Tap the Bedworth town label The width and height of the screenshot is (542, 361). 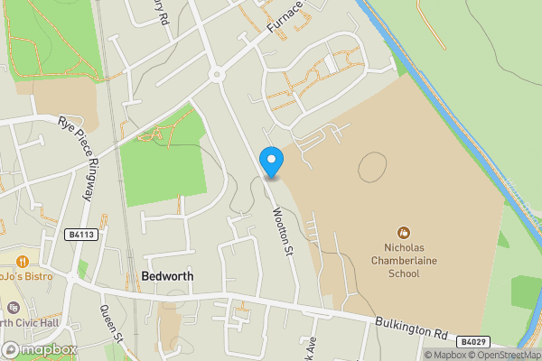coord(167,274)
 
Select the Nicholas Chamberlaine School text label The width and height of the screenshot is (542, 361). coord(406,261)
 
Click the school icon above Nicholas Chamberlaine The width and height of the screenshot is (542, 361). coord(406,232)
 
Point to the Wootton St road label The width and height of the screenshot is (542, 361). coord(285,230)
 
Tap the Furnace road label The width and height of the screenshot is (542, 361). coord(285,23)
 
